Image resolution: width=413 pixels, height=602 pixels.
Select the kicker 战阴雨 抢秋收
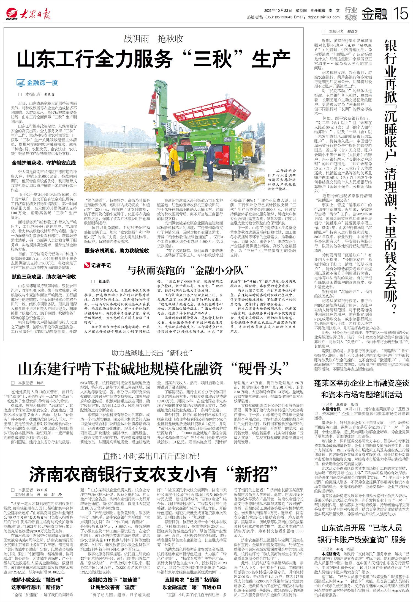tap(154, 39)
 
